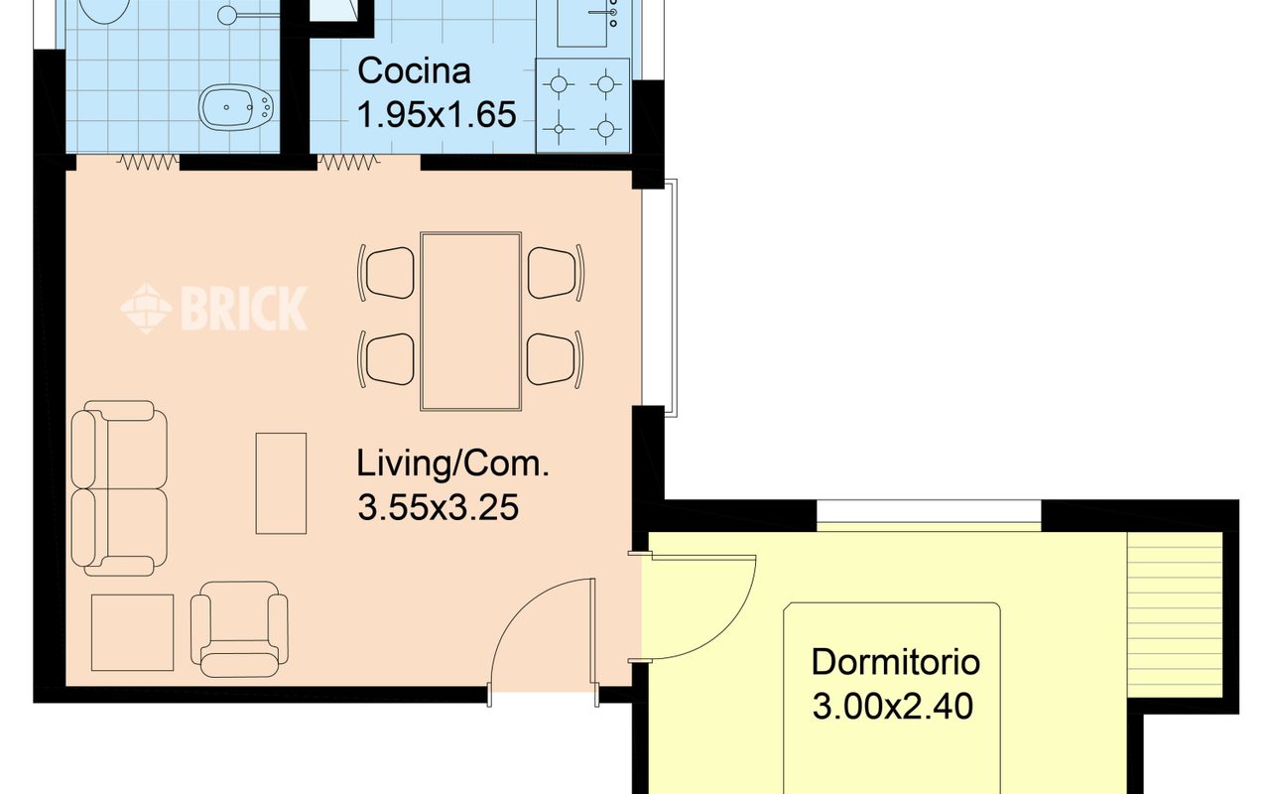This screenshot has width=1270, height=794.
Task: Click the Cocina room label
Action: [x=414, y=71]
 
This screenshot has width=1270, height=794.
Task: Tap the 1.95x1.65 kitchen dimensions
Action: [x=437, y=114]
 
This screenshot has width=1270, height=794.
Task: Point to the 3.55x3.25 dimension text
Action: [x=438, y=507]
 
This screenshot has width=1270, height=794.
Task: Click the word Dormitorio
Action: [x=895, y=662]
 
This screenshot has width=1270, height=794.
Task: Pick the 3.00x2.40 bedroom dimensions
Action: [x=892, y=706]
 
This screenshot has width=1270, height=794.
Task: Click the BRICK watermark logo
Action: [x=213, y=308]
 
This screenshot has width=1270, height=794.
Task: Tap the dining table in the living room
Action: [x=470, y=321]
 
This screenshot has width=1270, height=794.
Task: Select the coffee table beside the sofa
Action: [x=281, y=483]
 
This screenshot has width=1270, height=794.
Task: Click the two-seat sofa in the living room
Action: [x=119, y=487]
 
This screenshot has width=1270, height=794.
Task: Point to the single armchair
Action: [x=239, y=628]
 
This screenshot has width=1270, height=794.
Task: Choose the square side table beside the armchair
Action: [x=132, y=632]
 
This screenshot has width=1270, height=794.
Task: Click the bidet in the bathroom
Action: [x=236, y=106]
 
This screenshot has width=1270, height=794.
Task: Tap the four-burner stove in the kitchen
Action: [x=582, y=105]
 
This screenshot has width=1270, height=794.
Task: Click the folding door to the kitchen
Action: [x=348, y=163]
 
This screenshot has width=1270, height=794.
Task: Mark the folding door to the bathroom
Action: [x=148, y=163]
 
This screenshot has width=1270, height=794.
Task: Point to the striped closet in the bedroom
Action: [x=1175, y=614]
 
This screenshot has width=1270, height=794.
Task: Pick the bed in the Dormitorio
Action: [x=892, y=698]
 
